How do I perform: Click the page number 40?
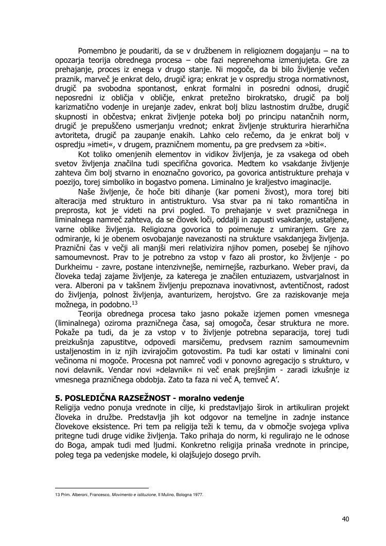(x=345, y=519)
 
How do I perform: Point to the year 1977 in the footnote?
(x=197, y=495)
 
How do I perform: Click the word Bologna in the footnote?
(x=181, y=495)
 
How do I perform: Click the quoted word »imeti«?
(x=99, y=145)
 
